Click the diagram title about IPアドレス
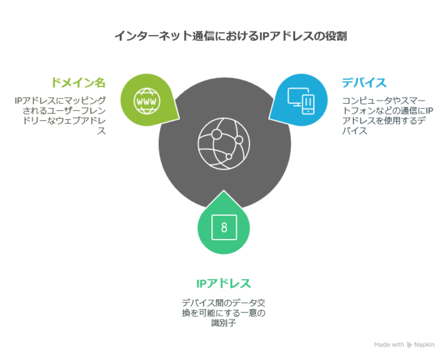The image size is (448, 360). click(230, 36)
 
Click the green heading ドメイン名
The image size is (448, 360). click(78, 83)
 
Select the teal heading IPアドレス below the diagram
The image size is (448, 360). click(223, 284)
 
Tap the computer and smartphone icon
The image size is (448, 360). click(301, 100)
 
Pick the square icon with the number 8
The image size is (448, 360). click(223, 227)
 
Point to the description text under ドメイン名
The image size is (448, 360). click(60, 115)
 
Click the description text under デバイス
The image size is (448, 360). click(387, 115)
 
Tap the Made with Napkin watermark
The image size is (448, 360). click(404, 345)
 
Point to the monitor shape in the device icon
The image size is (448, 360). click(296, 97)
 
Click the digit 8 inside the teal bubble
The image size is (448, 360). click(223, 227)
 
